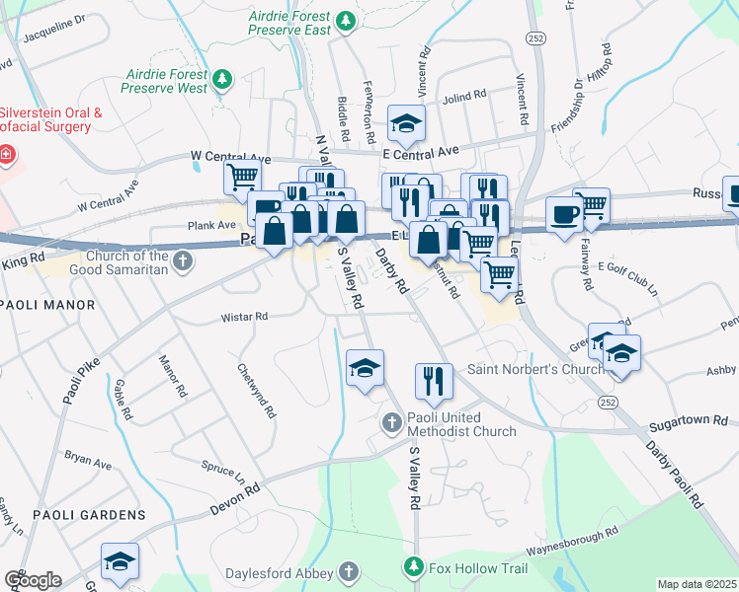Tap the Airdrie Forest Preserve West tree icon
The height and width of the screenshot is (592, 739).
tap(223, 78)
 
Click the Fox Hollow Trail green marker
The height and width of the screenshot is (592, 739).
tap(413, 567)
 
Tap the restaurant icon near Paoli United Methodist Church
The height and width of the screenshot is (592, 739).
tap(432, 381)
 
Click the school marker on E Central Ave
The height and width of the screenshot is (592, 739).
tap(405, 123)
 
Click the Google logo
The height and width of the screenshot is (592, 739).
tap(33, 580)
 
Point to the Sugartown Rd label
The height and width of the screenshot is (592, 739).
tap(687, 422)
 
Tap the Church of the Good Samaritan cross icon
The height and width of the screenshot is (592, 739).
tap(182, 260)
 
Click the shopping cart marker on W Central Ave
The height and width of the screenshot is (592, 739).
tap(241, 179)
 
